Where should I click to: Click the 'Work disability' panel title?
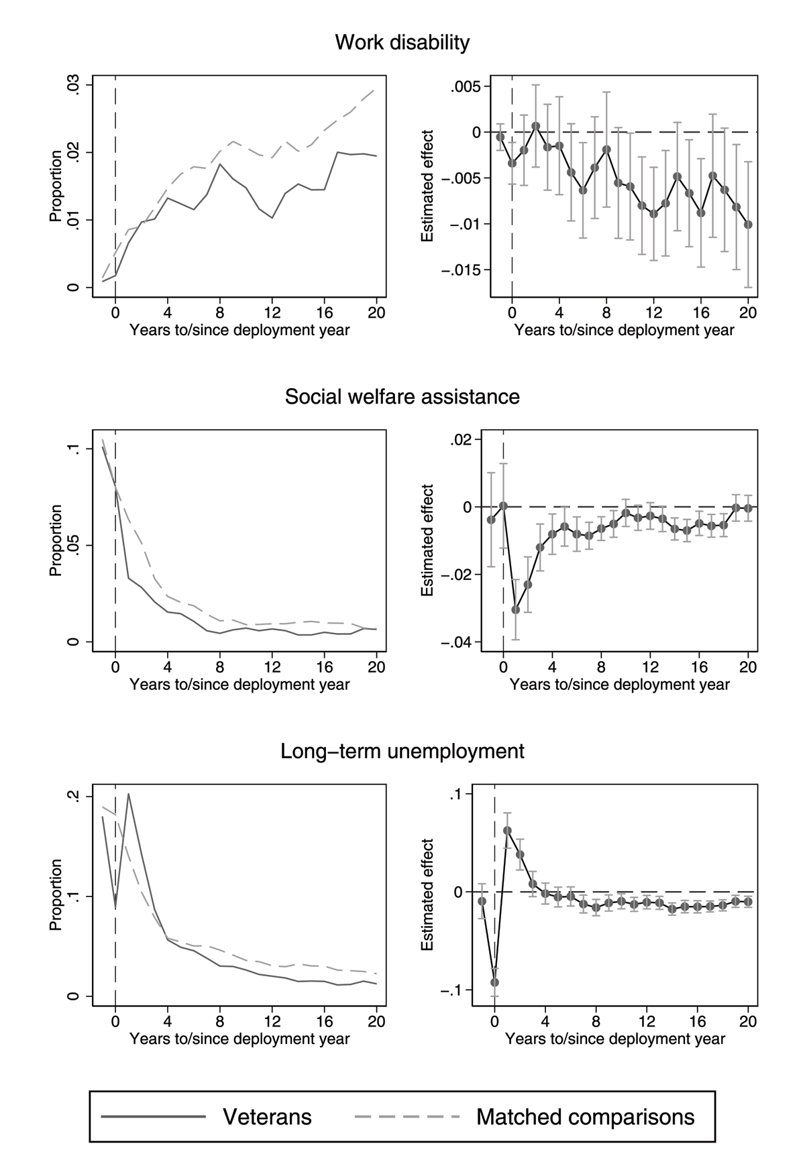click(402, 43)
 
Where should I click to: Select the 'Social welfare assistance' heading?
click(402, 397)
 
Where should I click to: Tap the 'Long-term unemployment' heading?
click(402, 751)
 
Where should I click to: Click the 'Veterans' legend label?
click(267, 1116)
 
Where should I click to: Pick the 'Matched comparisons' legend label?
click(585, 1116)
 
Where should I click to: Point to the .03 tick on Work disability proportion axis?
click(74, 86)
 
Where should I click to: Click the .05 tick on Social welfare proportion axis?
click(74, 545)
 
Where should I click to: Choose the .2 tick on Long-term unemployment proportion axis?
click(74, 797)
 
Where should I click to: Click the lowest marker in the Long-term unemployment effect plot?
click(494, 982)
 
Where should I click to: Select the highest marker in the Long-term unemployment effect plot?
click(507, 831)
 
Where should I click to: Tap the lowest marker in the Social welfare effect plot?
click(516, 609)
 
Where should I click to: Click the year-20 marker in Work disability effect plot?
click(748, 225)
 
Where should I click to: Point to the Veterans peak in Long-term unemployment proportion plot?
click(128, 795)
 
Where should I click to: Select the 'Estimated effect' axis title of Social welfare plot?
click(427, 540)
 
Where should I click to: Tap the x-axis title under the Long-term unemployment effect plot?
click(614, 1039)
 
